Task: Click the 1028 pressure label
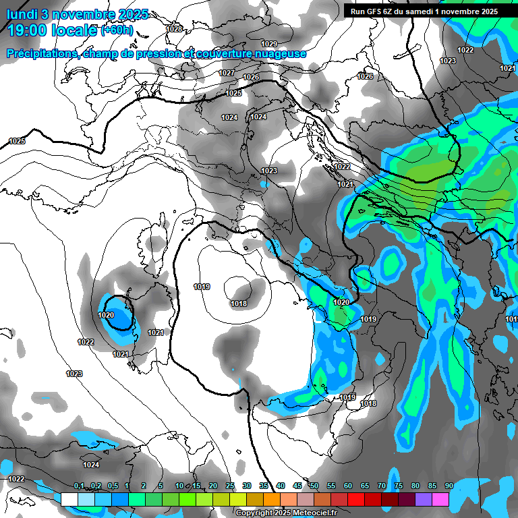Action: (x=175, y=29)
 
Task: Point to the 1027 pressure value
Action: (x=227, y=73)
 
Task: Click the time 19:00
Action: (x=28, y=30)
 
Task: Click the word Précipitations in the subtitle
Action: (x=42, y=53)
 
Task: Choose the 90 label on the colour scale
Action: (x=449, y=486)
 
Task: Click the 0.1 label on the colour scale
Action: (x=79, y=486)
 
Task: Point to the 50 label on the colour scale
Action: (x=314, y=486)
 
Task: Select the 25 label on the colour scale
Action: (x=230, y=486)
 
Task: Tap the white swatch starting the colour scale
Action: (x=69, y=499)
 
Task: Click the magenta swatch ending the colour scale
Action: (x=440, y=499)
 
